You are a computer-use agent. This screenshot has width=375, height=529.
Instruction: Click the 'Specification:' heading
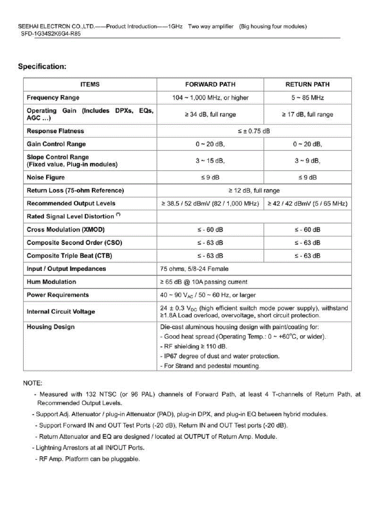(42, 67)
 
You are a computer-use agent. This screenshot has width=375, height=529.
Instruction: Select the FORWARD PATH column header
(210, 84)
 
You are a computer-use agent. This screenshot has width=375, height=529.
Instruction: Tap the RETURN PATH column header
(307, 84)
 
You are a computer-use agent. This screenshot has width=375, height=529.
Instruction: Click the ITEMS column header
(90, 84)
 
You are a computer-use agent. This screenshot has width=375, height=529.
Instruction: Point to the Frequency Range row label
(53, 97)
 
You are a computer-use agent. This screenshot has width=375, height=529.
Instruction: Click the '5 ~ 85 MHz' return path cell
(307, 97)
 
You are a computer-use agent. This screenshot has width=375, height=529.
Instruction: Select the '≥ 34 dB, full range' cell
(210, 114)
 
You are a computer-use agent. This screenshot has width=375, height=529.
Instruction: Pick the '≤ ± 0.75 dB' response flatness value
(254, 131)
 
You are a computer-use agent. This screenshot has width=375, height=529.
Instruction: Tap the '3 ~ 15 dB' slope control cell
(210, 161)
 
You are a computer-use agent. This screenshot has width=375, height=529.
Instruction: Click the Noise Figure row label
(46, 177)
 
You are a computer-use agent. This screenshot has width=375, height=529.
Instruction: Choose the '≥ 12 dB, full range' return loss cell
(254, 190)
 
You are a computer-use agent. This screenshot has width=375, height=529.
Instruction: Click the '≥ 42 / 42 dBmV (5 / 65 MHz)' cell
(307, 203)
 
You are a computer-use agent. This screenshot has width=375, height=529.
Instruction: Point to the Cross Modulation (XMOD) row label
(66, 230)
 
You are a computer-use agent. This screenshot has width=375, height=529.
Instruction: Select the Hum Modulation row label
(51, 282)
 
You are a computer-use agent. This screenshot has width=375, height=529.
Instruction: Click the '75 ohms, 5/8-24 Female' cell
(194, 269)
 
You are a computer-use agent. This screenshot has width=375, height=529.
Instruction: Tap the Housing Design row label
(51, 327)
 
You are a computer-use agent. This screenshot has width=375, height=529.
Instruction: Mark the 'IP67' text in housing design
(170, 356)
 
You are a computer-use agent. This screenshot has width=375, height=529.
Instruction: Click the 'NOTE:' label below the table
(33, 383)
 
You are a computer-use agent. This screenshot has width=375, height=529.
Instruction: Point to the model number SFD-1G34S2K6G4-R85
(51, 33)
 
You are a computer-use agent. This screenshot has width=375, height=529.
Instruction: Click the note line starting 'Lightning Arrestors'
(90, 448)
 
